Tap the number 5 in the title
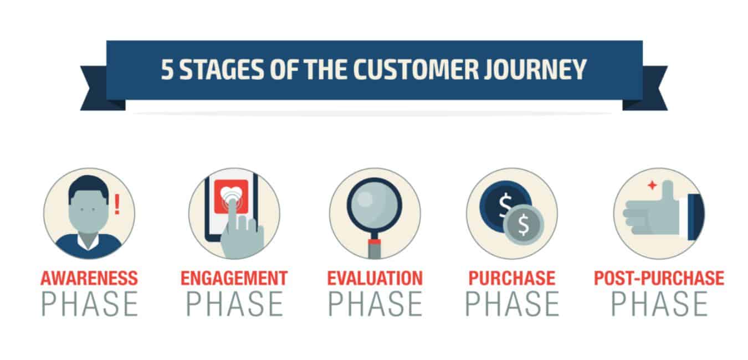point(167,69)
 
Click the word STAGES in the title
point(222,69)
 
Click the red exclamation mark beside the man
point(117,204)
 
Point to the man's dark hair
point(89,187)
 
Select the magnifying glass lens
point(375,204)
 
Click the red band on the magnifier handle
point(375,242)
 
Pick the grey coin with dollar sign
point(524,224)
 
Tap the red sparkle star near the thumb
point(652,185)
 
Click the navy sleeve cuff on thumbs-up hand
point(696,217)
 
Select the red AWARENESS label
point(89,278)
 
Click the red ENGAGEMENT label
point(234,278)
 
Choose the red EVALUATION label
point(375,278)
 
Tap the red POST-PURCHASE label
point(659,278)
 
